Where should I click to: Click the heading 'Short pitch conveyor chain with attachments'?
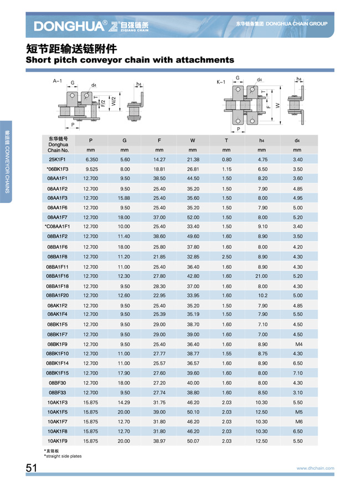pos(130,59)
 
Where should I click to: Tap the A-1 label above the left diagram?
pos(57,81)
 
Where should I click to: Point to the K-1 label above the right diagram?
pos(221,81)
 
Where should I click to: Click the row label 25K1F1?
pos(58,159)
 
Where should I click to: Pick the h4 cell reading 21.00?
pos(263,276)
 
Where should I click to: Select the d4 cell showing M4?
pos(297,344)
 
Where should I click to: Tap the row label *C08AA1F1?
pos(58,226)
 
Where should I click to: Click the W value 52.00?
pos(193,217)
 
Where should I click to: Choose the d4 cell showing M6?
pos(297,422)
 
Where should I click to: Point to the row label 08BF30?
pos(58,383)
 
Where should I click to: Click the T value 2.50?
pos(227,257)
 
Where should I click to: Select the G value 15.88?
pos(125,198)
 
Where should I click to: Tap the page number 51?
pos(31,468)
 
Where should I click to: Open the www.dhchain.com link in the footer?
pos(315,469)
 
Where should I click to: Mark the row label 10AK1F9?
pos(58,441)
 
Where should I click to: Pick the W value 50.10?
pos(193,412)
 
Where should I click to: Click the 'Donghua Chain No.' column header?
pos(58,144)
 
